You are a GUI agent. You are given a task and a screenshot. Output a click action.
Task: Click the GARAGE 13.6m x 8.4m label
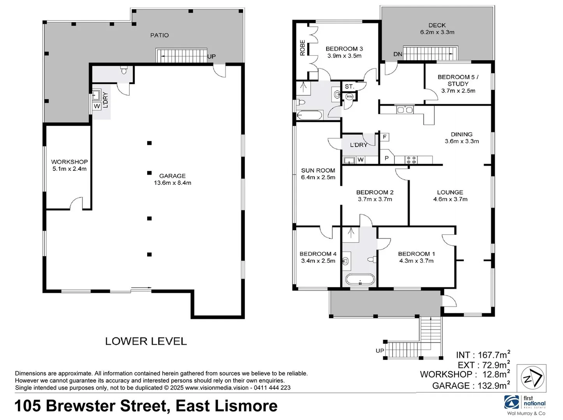pos(172,179)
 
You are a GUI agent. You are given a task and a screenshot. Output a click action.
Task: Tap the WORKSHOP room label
pos(69,165)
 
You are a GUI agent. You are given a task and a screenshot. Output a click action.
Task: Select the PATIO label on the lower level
pos(160,35)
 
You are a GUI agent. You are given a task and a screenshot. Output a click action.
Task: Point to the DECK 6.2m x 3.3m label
pos(437,29)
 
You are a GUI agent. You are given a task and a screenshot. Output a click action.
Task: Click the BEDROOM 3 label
pos(344,52)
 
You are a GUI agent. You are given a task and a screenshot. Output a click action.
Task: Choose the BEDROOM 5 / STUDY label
pos(458,84)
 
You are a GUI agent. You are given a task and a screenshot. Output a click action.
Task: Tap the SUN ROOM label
pos(318,174)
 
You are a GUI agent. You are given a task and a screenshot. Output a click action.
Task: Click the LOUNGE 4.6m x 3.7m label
pos(450,196)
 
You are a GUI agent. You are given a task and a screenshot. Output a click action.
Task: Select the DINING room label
pos(462,138)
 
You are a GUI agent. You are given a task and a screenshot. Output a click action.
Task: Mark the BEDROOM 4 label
pos(318,257)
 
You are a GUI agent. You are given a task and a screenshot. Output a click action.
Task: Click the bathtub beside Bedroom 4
pos(360,280)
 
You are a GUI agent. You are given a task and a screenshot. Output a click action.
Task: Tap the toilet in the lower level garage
pos(124,71)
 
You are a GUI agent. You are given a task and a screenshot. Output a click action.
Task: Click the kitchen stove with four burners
pos(411,159)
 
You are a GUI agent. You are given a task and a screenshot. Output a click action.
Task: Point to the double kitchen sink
pos(405,110)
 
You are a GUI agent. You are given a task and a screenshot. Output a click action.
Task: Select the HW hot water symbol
pos(349,96)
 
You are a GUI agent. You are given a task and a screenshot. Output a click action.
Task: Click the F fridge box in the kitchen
pos(385,137)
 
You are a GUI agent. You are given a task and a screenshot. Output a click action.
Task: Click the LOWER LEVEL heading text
pos(146,341)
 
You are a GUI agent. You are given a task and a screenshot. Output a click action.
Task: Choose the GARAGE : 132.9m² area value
pos(471,385)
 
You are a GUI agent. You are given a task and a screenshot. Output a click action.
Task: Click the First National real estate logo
pos(526,404)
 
